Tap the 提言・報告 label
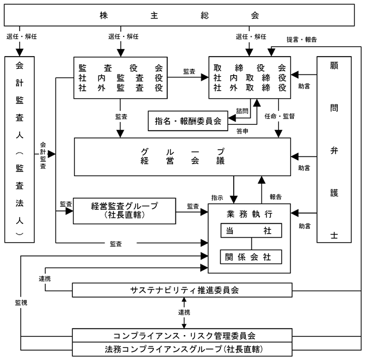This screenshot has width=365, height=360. click(x=302, y=39)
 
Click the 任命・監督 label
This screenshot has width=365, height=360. click(x=279, y=116)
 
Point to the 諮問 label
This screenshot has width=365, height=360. click(x=242, y=111)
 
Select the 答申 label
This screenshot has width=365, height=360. click(x=242, y=131)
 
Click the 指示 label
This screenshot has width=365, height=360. click(x=217, y=198)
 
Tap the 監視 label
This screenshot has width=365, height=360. click(x=21, y=303)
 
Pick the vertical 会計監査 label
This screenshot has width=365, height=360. click(x=43, y=155)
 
